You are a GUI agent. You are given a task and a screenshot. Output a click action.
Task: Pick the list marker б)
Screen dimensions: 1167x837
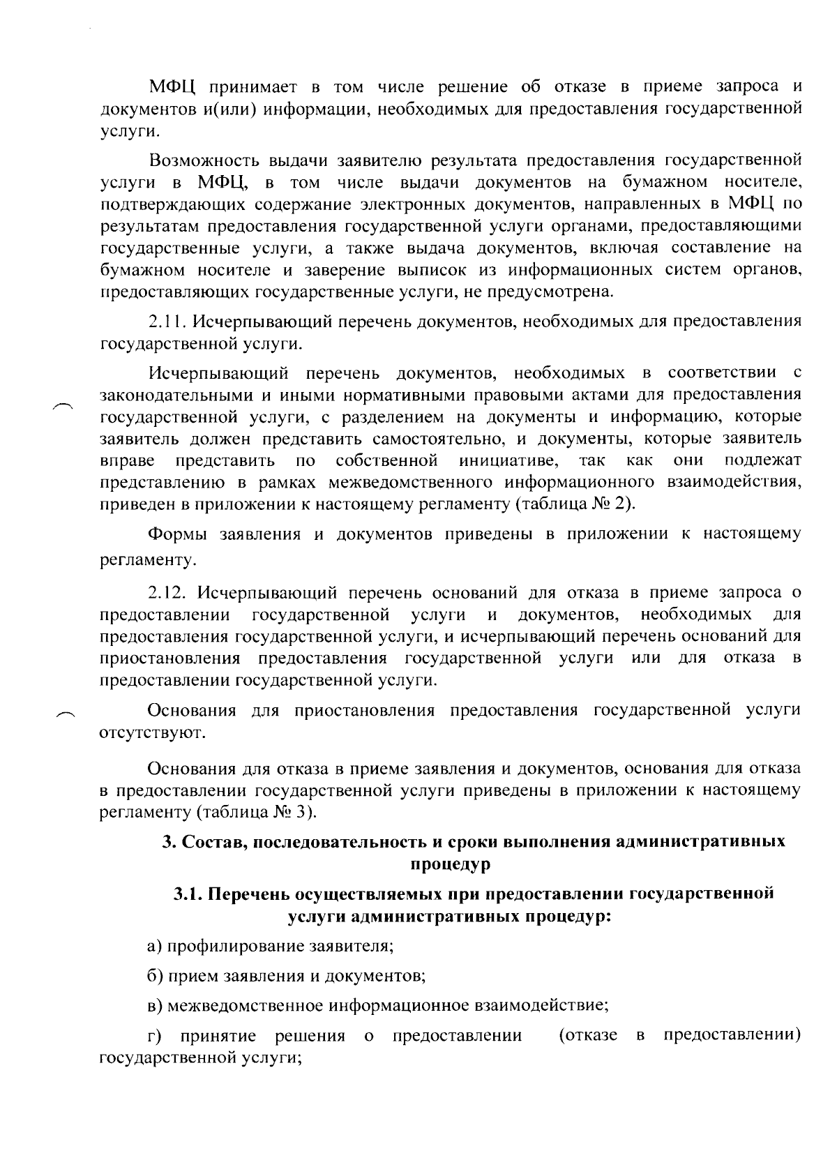tap(156, 975)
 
